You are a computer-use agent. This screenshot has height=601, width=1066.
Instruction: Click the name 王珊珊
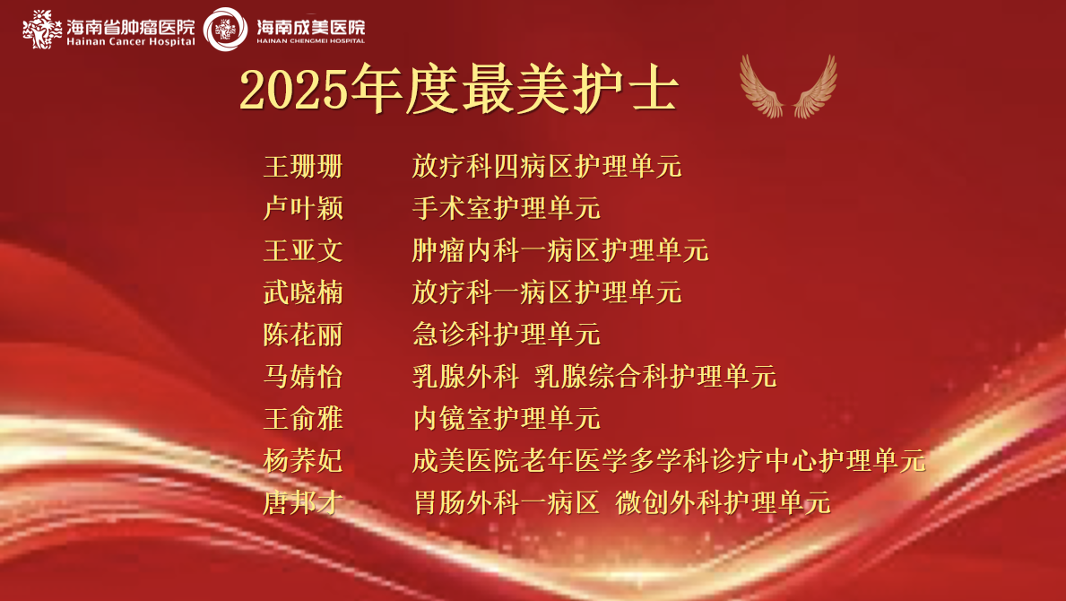pyautogui.click(x=303, y=167)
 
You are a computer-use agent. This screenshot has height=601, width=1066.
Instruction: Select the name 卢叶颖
pyautogui.click(x=303, y=209)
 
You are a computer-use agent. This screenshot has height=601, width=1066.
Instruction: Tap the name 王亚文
pyautogui.click(x=303, y=251)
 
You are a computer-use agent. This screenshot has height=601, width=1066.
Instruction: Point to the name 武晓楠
pyautogui.click(x=303, y=293)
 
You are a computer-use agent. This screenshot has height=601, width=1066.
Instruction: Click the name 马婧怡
pyautogui.click(x=303, y=377)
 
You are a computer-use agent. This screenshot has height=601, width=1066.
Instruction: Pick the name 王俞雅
pyautogui.click(x=303, y=419)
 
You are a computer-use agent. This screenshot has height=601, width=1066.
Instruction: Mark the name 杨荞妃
pyautogui.click(x=303, y=461)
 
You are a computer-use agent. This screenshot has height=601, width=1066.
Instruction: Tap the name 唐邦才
pyautogui.click(x=303, y=503)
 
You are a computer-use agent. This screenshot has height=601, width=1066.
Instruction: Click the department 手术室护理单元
pyautogui.click(x=507, y=209)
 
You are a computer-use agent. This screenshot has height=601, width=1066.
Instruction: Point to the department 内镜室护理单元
pyautogui.click(x=507, y=419)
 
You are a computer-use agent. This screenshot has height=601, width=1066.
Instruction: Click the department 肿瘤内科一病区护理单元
pyautogui.click(x=561, y=251)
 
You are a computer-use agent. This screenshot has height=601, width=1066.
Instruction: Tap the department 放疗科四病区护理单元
pyautogui.click(x=547, y=167)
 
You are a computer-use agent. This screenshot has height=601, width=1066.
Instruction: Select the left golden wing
pyautogui.click(x=762, y=86)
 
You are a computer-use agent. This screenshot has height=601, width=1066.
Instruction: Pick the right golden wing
pyautogui.click(x=815, y=86)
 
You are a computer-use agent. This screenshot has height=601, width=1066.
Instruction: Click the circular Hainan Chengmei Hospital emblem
pyautogui.click(x=226, y=30)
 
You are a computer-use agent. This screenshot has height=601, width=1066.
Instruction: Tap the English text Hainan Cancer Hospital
pyautogui.click(x=131, y=41)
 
